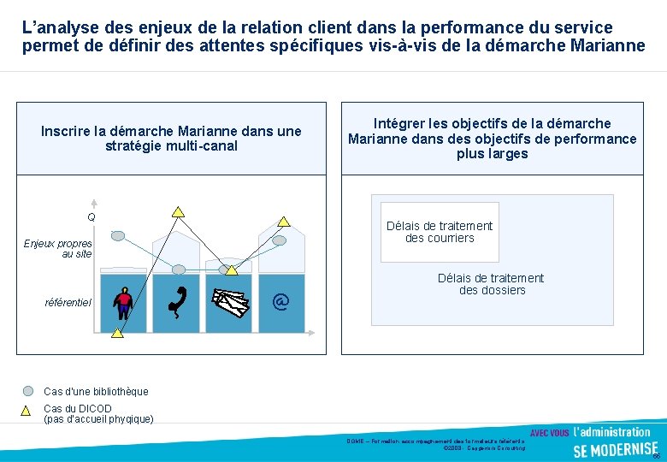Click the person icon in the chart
tap(125, 302)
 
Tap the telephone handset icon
tap(178, 302)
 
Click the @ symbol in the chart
tap(280, 301)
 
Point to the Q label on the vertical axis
tap(91, 217)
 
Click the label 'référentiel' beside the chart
tap(68, 302)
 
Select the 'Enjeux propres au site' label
tap(57, 248)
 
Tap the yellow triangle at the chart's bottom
tap(117, 332)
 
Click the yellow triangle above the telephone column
tap(178, 211)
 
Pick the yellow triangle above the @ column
tap(283, 221)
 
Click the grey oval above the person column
tap(118, 235)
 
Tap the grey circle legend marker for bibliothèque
tap(28, 391)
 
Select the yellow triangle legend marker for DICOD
tap(27, 410)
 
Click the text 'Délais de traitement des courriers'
tap(440, 232)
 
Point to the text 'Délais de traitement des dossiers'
tap(491, 284)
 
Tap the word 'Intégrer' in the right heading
tap(401, 124)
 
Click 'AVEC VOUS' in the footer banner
tap(550, 433)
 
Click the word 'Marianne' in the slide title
tap(603, 45)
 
